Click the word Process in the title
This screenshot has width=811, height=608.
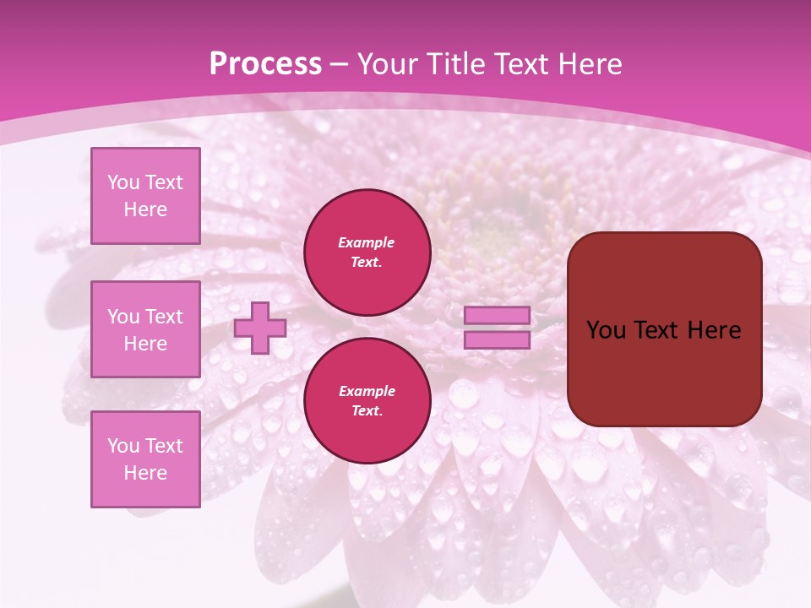point(265,64)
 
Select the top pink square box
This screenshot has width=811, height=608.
point(145,196)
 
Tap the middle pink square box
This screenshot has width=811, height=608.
point(145,329)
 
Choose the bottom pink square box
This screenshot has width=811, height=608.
point(145,459)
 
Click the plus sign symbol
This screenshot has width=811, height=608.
point(260,328)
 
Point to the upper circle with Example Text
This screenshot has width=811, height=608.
point(367,252)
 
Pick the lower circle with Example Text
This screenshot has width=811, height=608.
point(367,401)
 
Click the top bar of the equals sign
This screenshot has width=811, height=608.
point(498,316)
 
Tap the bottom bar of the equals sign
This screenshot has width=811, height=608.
point(498,340)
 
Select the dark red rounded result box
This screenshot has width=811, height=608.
point(664,329)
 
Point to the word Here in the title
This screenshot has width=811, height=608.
point(591,64)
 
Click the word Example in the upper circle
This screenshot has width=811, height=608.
point(367,243)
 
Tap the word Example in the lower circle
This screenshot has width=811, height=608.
point(367,392)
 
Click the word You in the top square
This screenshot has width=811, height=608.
point(123,182)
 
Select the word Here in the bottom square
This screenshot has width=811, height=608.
point(145,473)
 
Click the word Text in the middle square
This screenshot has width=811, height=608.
point(164,317)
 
